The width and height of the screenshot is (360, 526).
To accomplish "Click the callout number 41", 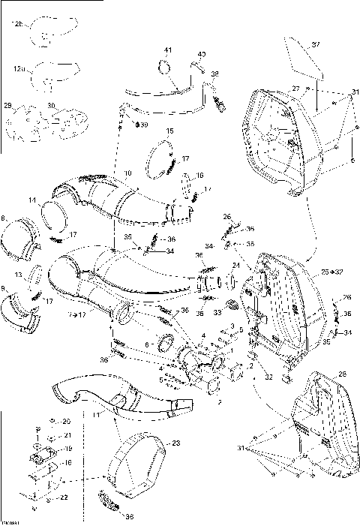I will tap(168, 50).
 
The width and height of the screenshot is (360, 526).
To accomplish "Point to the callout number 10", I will tap(127, 174).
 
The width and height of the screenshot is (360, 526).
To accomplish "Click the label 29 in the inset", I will tap(8, 105).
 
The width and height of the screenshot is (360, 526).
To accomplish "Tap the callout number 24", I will tap(235, 265).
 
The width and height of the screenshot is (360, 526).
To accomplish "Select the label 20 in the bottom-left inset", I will tap(66, 421).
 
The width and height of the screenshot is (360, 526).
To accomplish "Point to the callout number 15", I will tap(169, 131).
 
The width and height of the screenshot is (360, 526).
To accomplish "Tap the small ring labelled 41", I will tap(163, 69).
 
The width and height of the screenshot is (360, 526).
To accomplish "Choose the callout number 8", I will tap(4, 218).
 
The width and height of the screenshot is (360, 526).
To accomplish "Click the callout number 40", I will tap(202, 55).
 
